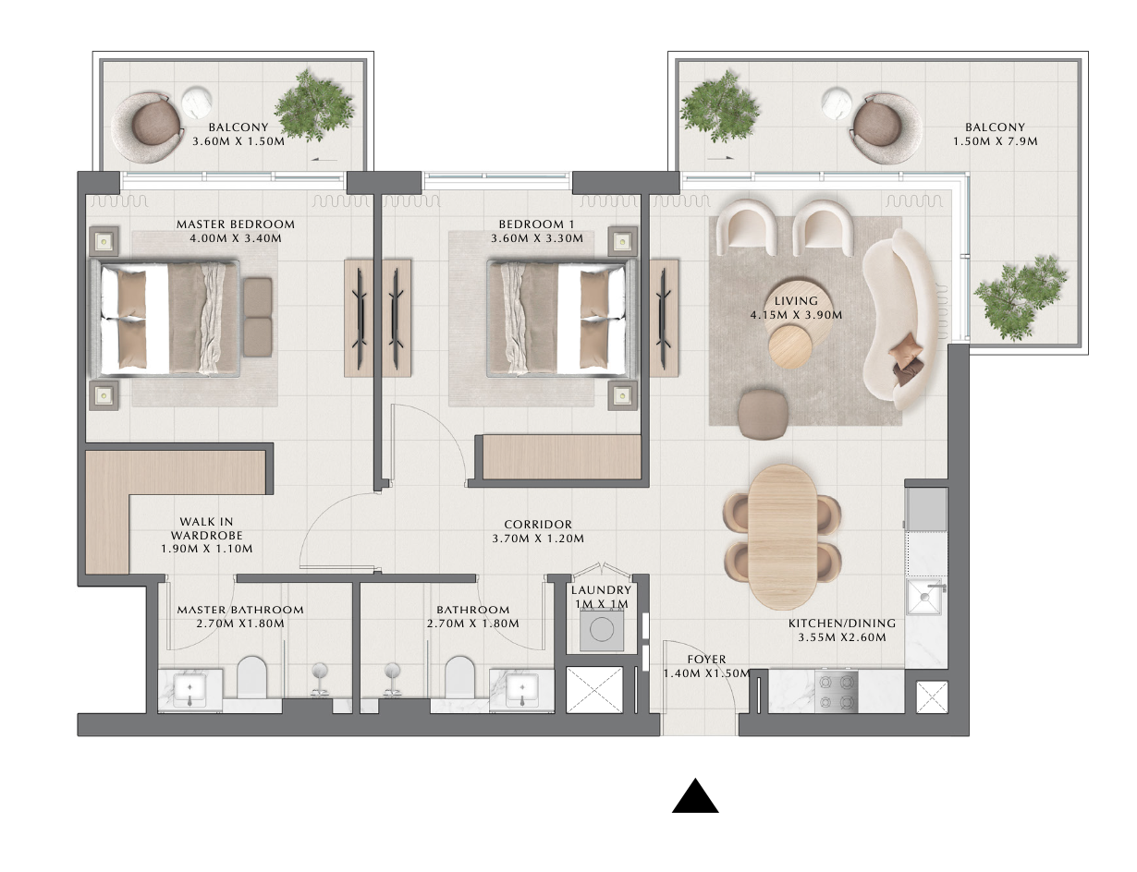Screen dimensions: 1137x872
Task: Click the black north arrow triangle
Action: pos(695,798)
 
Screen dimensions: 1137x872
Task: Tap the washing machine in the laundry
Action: pos(601,630)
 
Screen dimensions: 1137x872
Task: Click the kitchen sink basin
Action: pos(926,597)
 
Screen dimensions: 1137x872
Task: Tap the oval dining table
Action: pos(782,537)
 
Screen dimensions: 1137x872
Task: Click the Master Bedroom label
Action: pos(236,224)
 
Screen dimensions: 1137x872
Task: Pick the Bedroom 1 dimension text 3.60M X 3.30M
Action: pos(537,238)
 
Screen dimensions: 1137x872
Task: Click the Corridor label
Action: pos(538,524)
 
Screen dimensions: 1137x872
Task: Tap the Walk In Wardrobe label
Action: pos(207,528)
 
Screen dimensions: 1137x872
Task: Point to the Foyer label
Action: pos(706,660)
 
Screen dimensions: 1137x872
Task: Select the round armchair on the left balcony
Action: pos(145,127)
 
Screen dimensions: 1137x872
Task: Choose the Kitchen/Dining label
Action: pos(842,624)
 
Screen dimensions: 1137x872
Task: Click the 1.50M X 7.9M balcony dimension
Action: pos(996,141)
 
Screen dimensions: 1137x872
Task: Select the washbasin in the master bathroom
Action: pos(189,689)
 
